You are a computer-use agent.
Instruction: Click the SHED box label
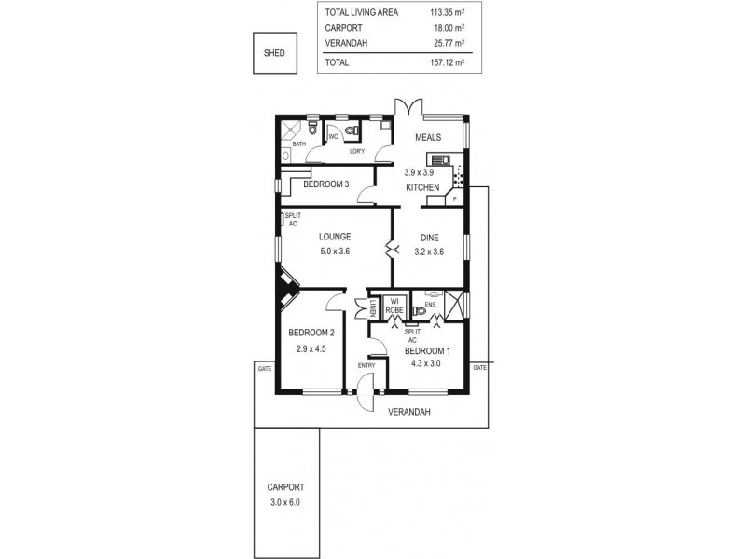click(274, 54)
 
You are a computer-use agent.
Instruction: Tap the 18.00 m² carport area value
click(447, 28)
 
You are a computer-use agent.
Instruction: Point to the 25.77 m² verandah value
click(447, 44)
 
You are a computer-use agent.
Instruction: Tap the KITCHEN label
click(422, 188)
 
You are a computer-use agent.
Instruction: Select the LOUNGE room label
click(333, 237)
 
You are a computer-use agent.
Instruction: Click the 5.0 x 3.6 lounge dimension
click(333, 252)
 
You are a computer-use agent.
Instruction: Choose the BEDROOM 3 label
click(326, 184)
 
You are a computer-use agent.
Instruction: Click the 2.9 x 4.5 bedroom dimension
click(311, 348)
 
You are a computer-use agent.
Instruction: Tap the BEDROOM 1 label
click(428, 350)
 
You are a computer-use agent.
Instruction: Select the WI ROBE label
click(394, 304)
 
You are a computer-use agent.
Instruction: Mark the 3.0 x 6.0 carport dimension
click(285, 502)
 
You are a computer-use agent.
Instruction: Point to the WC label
click(332, 136)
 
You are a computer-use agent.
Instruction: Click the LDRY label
click(355, 151)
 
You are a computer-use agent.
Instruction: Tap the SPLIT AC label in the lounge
click(292, 220)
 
